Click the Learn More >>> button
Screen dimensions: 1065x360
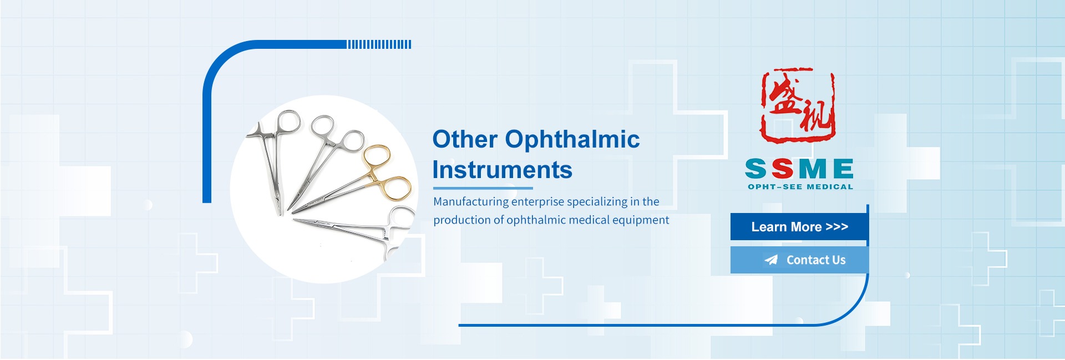click(799, 227)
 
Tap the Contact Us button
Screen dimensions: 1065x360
click(799, 260)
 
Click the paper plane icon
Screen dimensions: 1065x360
click(771, 260)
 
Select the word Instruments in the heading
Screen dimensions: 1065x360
click(502, 170)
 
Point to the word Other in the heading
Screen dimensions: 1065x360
click(465, 139)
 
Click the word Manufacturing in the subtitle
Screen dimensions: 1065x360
click(471, 202)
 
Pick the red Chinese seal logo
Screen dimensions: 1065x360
click(798, 105)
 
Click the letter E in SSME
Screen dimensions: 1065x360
click(843, 169)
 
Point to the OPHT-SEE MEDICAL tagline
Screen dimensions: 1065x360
click(800, 187)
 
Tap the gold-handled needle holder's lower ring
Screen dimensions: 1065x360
click(395, 188)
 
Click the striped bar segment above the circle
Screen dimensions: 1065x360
click(379, 44)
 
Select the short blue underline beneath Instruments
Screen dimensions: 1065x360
click(483, 189)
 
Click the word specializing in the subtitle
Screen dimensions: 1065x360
click(597, 202)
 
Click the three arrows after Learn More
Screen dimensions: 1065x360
click(837, 227)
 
